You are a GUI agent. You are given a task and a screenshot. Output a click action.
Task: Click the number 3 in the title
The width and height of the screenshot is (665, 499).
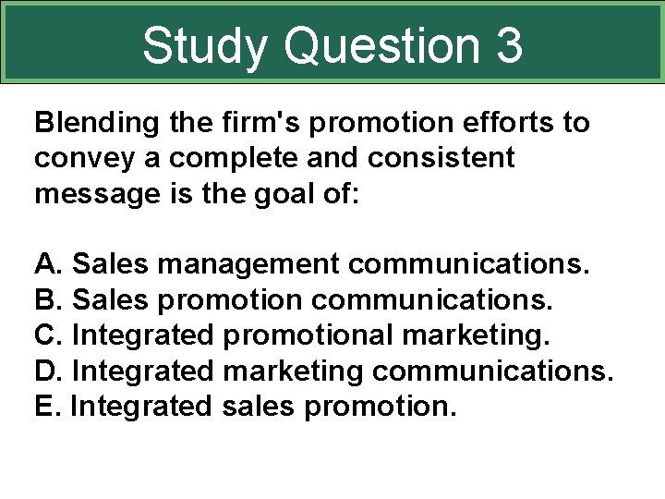coord(507,45)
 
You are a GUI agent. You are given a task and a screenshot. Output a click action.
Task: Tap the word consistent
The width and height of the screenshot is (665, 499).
coord(441,159)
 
